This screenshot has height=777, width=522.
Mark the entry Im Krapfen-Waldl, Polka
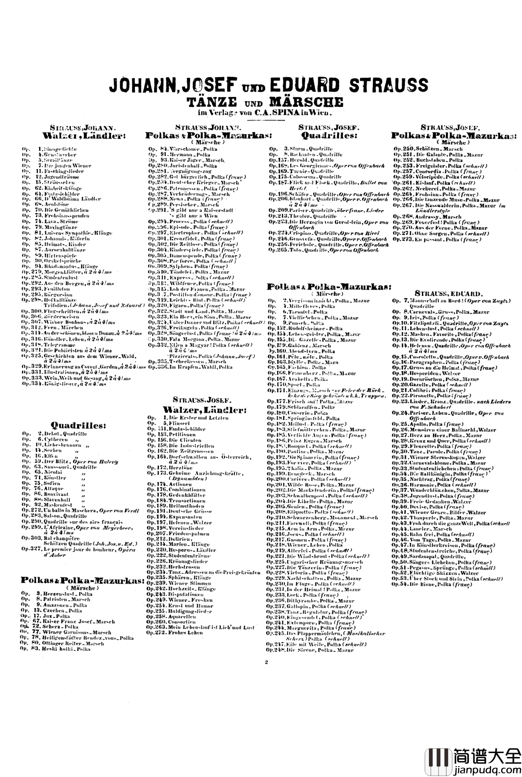[196, 367]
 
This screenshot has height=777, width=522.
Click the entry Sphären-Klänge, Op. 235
[183, 577]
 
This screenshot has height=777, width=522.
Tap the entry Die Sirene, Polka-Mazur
[315, 650]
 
